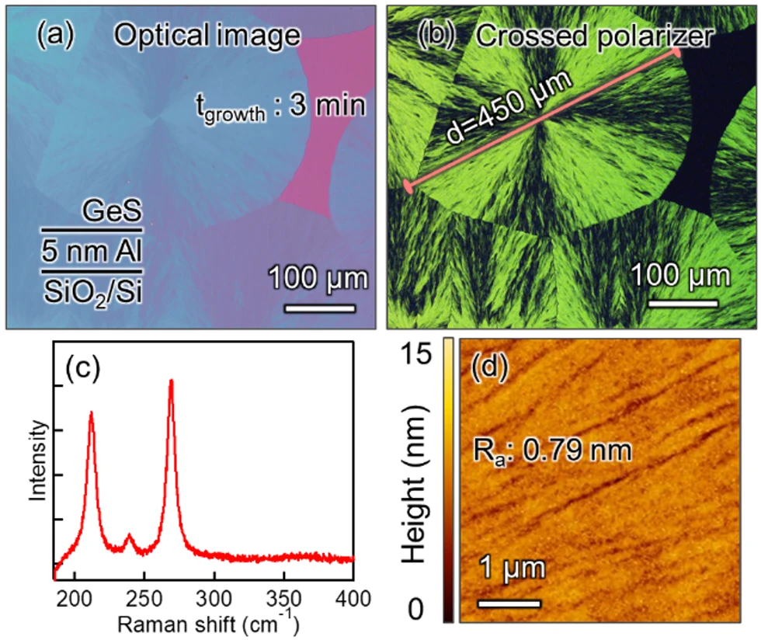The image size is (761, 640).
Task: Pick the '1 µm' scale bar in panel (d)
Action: click(x=508, y=603)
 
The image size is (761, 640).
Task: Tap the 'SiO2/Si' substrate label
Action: click(x=92, y=291)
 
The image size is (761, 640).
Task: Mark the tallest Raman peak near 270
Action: click(x=171, y=381)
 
